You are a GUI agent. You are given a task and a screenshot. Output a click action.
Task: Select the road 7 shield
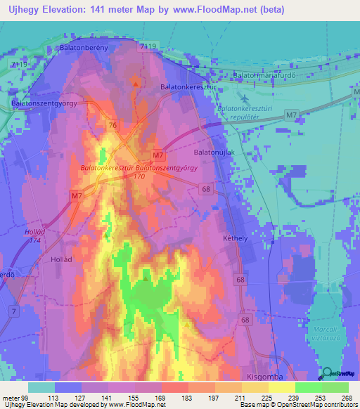14,310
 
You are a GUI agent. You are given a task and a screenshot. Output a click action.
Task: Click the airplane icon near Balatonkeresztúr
243,97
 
